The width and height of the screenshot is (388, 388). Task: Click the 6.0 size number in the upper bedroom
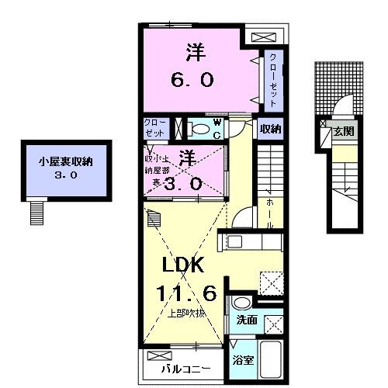(190, 79)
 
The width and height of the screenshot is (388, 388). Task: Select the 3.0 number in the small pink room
(186, 183)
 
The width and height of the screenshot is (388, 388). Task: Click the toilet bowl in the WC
(199, 129)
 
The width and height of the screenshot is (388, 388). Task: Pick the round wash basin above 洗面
(240, 303)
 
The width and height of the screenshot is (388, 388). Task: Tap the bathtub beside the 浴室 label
(271, 359)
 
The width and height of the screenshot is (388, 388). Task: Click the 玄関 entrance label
(343, 132)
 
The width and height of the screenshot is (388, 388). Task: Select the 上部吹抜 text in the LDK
(186, 314)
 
